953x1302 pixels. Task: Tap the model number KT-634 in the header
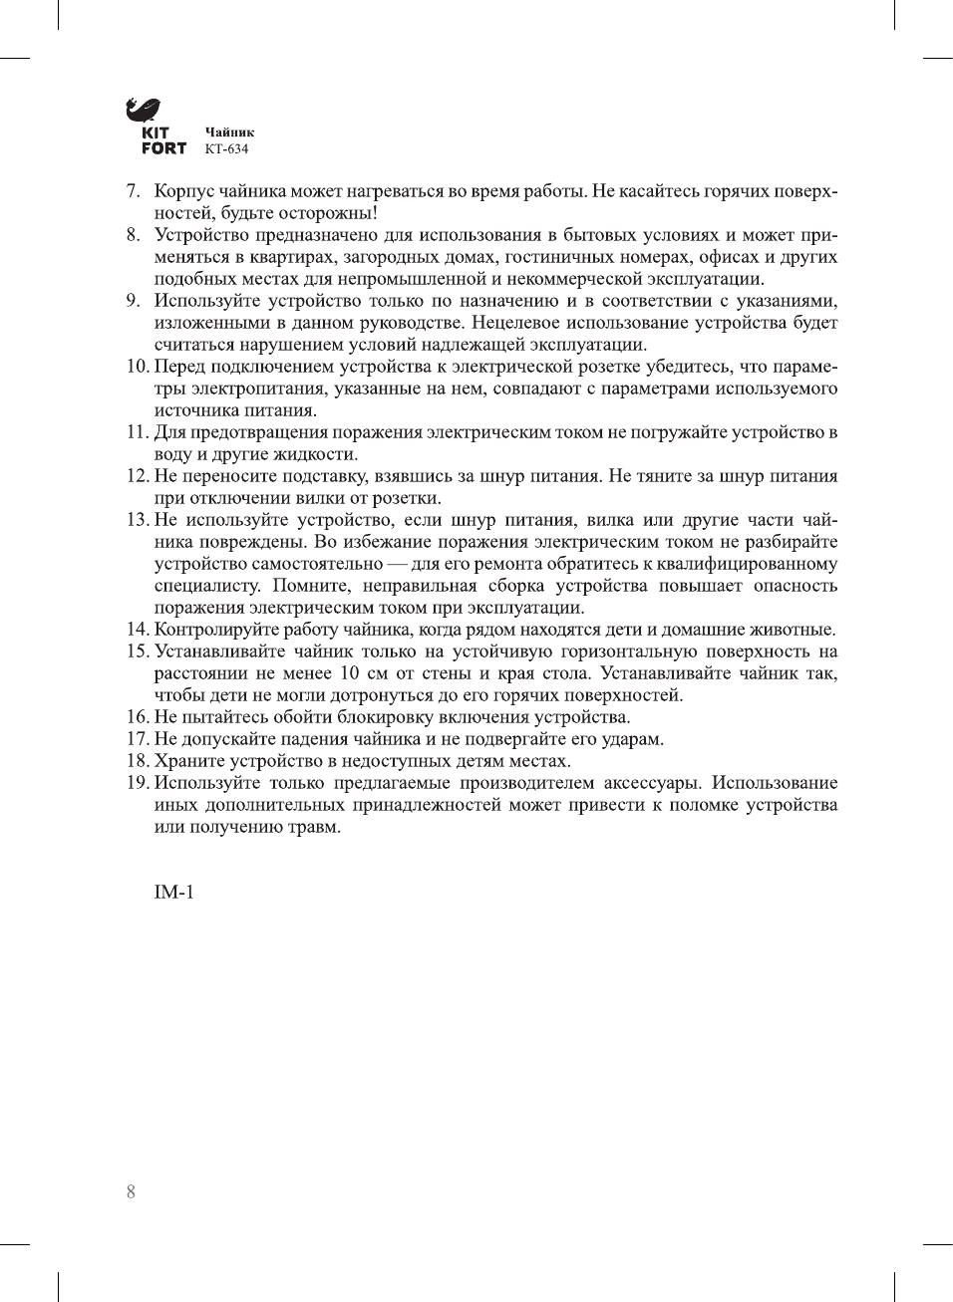click(x=226, y=149)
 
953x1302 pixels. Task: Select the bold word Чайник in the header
click(x=229, y=131)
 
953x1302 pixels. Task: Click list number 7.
click(x=133, y=191)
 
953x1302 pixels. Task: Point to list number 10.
click(x=138, y=367)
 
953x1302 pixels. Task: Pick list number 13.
click(x=138, y=520)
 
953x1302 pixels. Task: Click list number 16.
click(x=138, y=717)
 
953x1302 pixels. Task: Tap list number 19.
click(x=138, y=783)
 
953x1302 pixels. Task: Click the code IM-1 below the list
click(x=173, y=892)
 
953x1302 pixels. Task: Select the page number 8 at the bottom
click(x=131, y=1191)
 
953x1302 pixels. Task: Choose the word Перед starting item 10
click(x=179, y=367)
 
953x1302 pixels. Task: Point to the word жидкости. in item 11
click(x=316, y=454)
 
